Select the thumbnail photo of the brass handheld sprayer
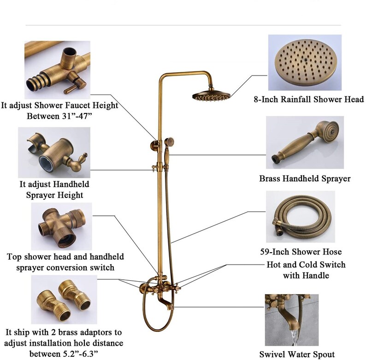click(x=305, y=142)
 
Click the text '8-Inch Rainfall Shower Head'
click(x=308, y=99)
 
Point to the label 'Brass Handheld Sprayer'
click(x=305, y=179)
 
